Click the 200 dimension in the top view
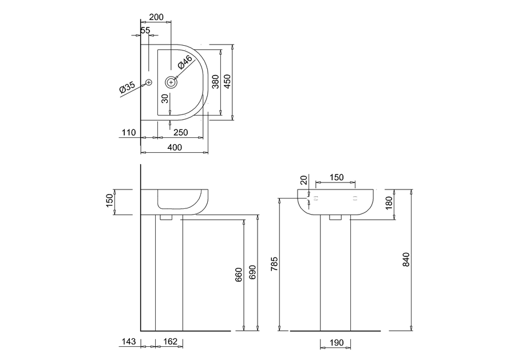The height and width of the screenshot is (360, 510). (x=156, y=18)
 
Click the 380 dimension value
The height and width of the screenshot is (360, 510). (x=215, y=82)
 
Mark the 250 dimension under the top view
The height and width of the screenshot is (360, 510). (x=181, y=133)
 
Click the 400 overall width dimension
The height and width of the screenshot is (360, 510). (x=174, y=148)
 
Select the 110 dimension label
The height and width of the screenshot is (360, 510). (x=128, y=133)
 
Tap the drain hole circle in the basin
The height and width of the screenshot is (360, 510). (x=171, y=82)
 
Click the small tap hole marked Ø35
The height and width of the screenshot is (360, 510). (x=149, y=82)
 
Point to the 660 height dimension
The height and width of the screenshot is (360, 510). (x=239, y=275)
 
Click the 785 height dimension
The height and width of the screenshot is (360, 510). (x=274, y=264)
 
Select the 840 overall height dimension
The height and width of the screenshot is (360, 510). (x=406, y=260)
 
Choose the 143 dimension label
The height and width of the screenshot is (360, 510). (x=129, y=342)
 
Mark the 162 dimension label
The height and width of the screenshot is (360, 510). (x=169, y=342)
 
